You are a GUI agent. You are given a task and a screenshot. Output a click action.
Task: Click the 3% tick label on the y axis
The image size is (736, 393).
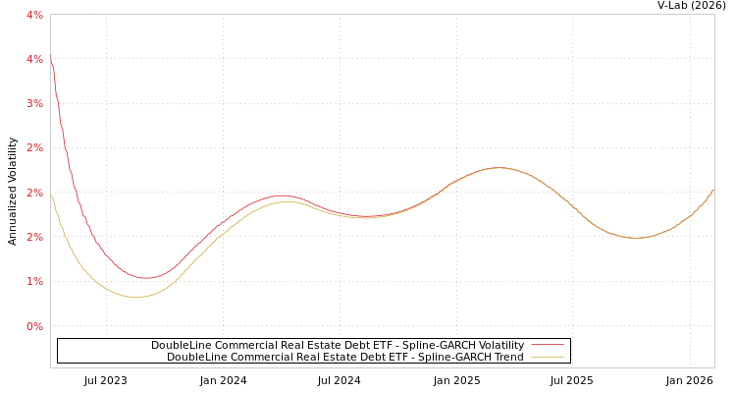coord(34,103)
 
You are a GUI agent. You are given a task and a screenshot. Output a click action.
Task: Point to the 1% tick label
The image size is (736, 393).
coord(34,281)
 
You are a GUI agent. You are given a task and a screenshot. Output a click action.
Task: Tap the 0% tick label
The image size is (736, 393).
coord(34,326)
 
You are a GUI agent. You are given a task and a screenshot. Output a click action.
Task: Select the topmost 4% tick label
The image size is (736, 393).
coord(34,15)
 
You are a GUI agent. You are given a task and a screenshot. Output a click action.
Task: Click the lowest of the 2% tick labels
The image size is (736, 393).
coord(34,237)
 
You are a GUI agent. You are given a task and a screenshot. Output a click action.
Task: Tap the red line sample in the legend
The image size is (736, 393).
coord(547,345)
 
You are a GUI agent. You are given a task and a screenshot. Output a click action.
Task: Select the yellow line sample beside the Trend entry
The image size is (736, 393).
coord(547,357)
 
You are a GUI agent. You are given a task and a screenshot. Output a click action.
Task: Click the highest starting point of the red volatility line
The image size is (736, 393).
coord(51,58)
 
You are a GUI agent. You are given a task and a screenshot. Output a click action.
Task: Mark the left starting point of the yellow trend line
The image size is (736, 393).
coord(51,194)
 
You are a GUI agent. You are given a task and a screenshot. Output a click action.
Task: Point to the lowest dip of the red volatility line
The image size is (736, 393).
coord(144,278)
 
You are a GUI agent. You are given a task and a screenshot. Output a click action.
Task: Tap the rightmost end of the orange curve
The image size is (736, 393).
coord(713,190)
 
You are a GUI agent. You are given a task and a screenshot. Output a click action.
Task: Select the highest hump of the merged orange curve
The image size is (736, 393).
coord(499,168)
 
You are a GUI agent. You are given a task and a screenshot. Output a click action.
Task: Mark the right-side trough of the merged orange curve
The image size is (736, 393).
coord(636,238)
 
